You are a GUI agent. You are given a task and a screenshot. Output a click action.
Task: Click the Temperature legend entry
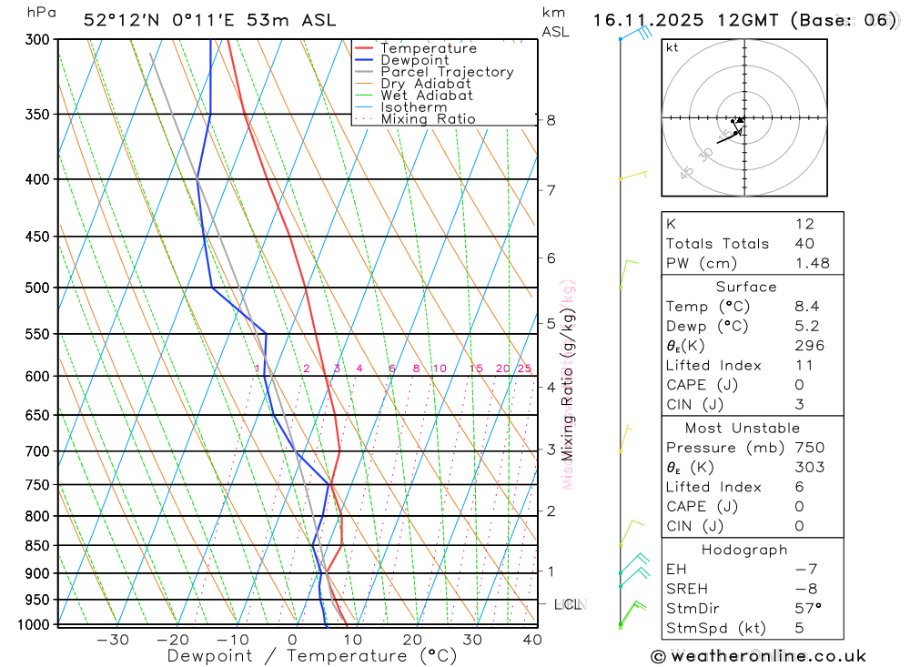[x=428, y=48]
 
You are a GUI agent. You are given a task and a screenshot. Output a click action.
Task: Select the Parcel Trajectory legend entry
[x=446, y=72]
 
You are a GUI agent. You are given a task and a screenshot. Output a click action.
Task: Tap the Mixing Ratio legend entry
[x=428, y=119]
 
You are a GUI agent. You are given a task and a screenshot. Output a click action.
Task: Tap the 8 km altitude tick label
[x=551, y=120]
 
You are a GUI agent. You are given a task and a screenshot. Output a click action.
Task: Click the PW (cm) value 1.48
[x=812, y=263]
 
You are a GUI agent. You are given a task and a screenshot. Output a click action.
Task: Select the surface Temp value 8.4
[x=806, y=307]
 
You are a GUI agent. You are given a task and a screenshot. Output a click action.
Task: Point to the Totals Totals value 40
[x=804, y=243]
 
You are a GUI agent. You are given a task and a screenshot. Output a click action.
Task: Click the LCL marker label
[x=568, y=604]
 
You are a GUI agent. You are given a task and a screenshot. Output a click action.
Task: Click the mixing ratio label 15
[x=476, y=369]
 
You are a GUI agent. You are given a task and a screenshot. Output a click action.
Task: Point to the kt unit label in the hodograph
[x=672, y=47]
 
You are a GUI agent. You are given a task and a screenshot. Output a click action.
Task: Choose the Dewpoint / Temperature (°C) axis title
[x=311, y=655]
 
